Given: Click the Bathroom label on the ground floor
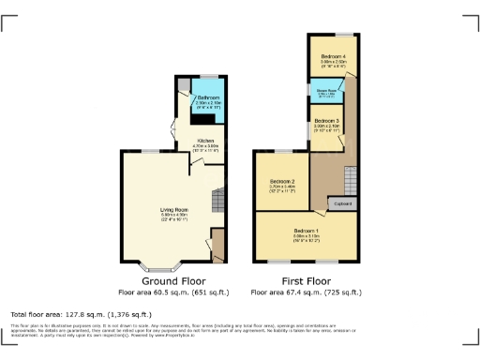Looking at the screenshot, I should (208, 97).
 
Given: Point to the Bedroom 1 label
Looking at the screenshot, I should (307, 231).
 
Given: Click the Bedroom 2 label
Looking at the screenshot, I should (283, 180).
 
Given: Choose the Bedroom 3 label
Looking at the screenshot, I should (326, 122).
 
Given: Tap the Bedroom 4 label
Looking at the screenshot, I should (333, 57).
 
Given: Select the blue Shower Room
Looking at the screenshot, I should (325, 93).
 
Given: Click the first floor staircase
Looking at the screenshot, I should (351, 178).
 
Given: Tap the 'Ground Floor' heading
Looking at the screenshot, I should (170, 280).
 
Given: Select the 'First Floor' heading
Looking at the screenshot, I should (306, 280).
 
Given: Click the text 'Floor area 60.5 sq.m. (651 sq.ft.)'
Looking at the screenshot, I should (170, 292).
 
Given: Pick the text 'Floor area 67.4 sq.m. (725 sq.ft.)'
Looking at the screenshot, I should (306, 292).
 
